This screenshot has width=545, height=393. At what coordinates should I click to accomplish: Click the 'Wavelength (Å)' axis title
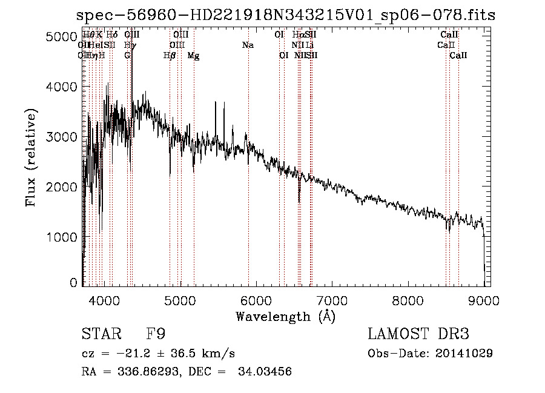[285, 316]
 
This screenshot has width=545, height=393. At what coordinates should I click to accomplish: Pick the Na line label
[248, 45]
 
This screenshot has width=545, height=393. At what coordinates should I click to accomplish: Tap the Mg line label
[194, 56]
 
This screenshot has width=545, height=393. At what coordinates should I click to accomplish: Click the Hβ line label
[170, 56]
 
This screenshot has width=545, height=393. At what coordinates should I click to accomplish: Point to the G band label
[127, 55]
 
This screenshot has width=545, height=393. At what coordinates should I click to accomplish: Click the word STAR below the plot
[97, 335]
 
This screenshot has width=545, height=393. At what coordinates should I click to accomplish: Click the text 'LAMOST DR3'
[418, 334]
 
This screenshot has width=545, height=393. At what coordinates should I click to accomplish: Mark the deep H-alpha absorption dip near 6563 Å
[299, 198]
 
